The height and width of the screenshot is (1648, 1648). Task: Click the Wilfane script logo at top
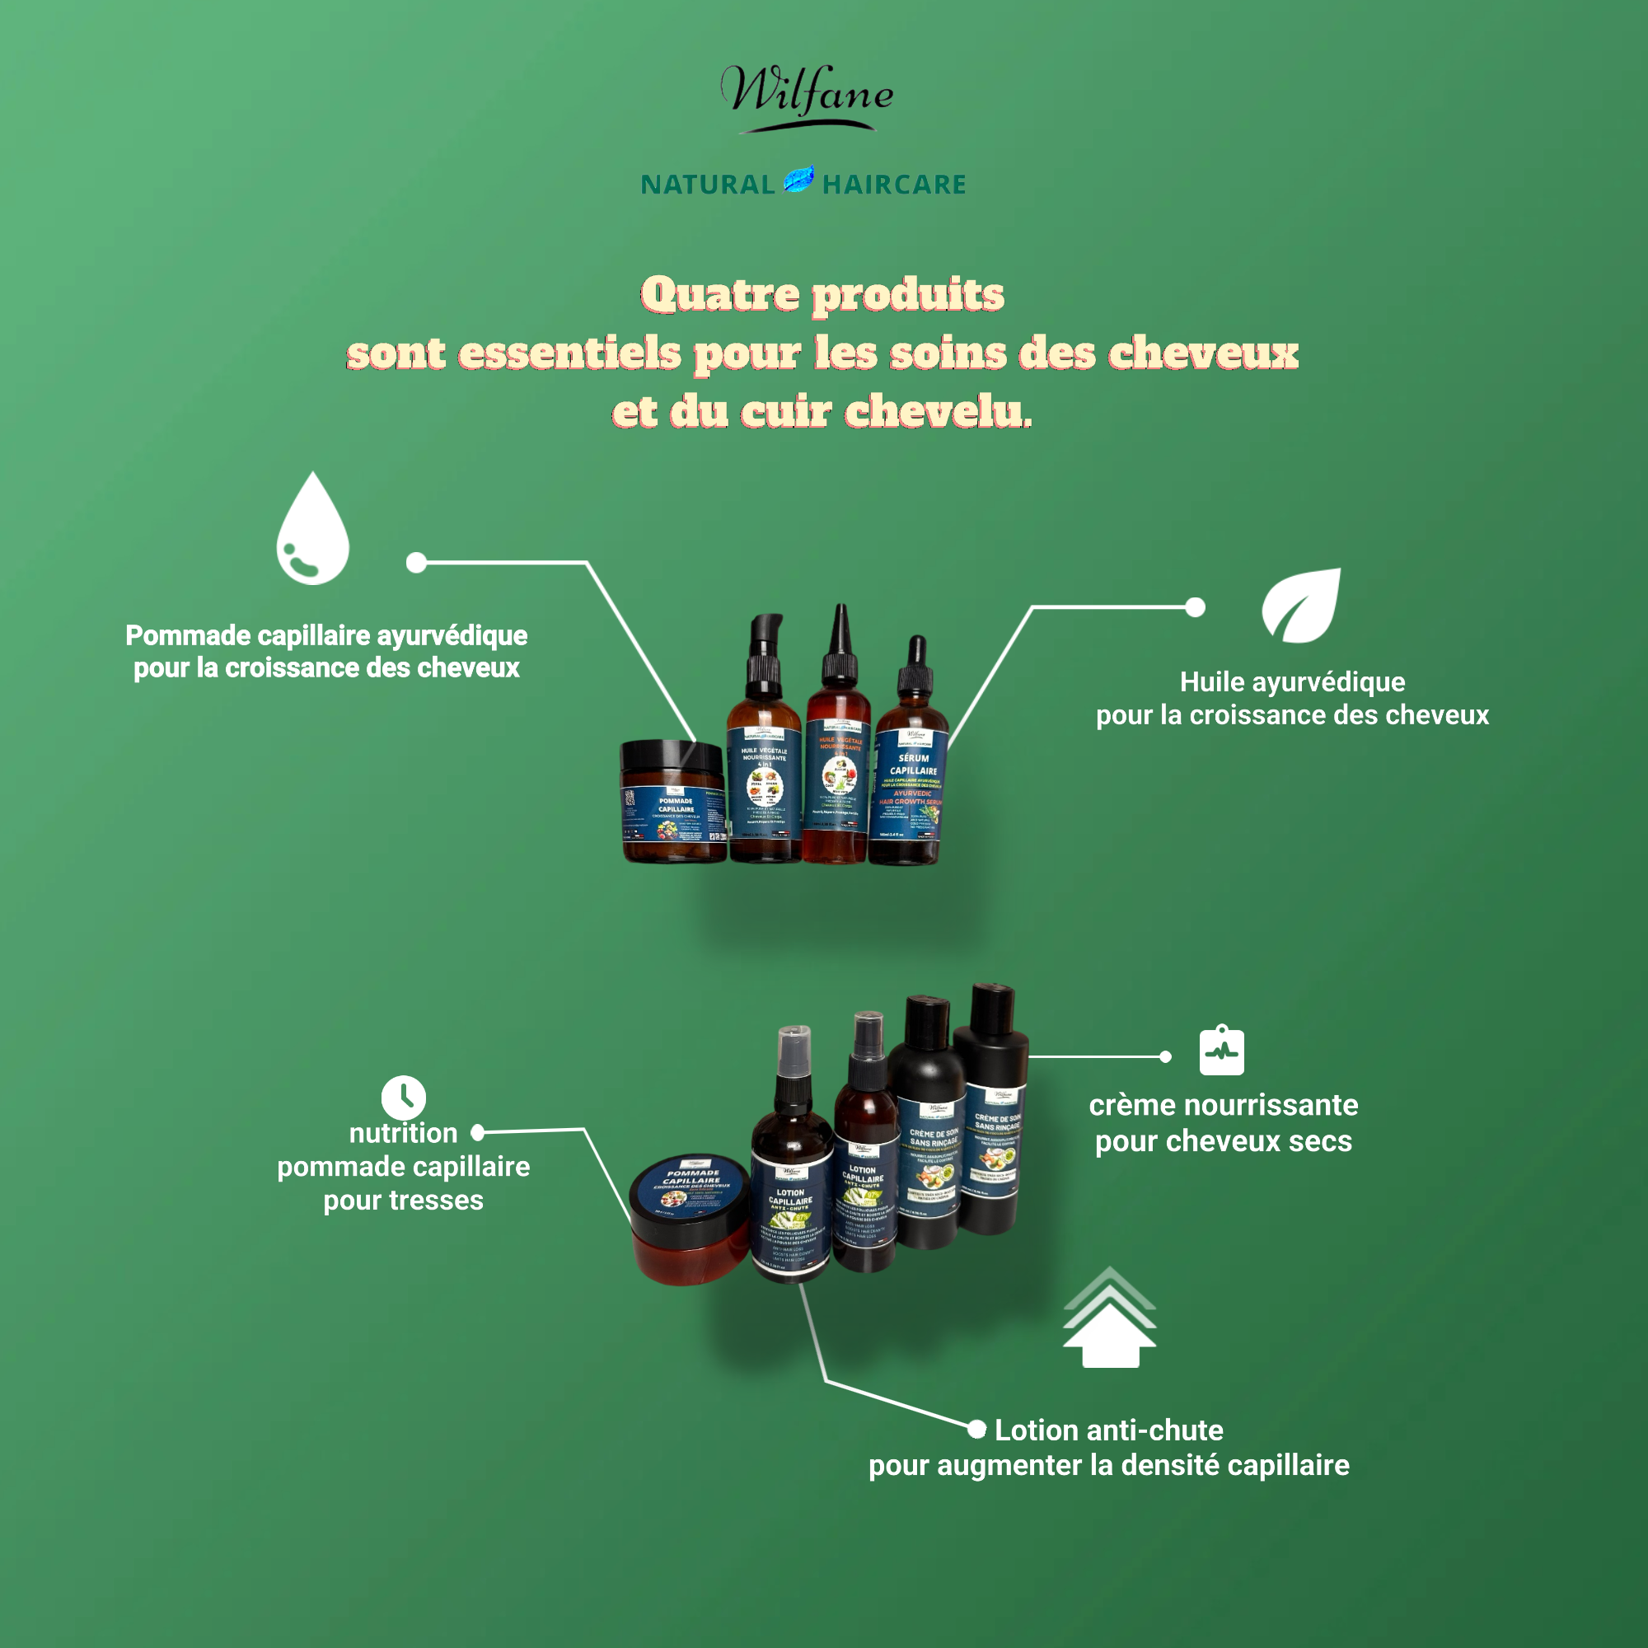pos(806,96)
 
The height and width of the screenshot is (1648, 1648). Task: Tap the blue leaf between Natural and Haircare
pos(798,180)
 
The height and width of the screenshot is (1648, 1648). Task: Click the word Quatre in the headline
pos(720,295)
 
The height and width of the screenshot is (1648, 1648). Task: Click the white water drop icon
pos(312,533)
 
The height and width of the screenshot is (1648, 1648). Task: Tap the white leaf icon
pos(1302,605)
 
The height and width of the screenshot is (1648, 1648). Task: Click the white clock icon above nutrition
pos(403,1098)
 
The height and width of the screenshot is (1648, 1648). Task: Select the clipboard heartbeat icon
pos(1221,1051)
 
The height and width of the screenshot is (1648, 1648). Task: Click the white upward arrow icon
pos(1109,1322)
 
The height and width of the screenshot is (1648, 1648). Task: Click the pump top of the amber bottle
pos(765,648)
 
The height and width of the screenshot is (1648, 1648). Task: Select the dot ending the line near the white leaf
pos(1196,607)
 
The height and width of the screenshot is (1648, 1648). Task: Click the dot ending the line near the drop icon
pos(416,562)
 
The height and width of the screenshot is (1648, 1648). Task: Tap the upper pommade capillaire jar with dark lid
pos(673,802)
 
